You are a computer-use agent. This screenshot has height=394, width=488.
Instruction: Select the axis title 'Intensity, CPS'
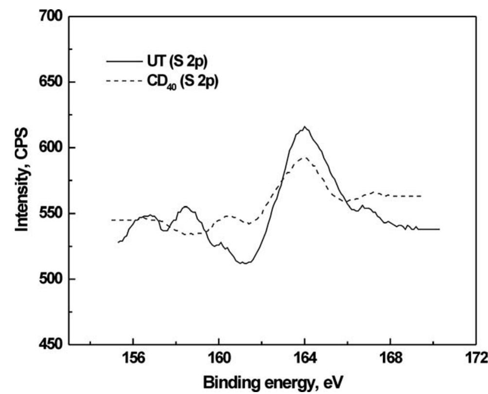pyautogui.click(x=23, y=180)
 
